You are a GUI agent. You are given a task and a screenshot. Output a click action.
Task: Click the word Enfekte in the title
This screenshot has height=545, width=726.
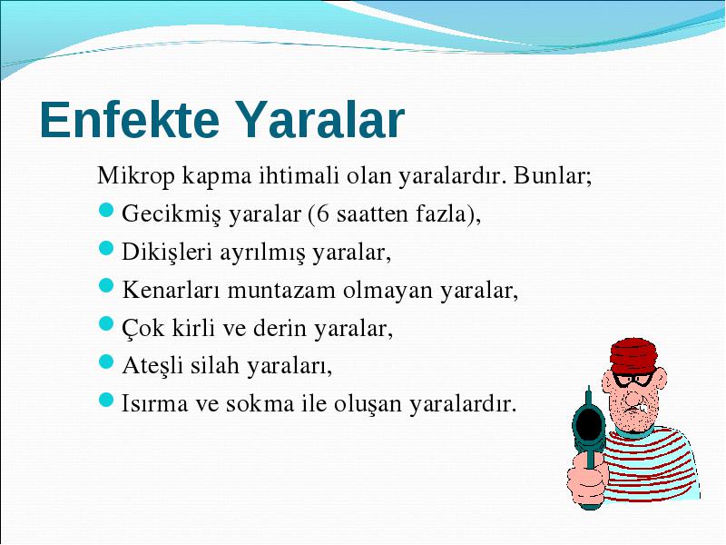pos(130,119)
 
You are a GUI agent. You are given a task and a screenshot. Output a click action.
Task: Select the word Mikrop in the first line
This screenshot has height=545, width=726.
pos(137,176)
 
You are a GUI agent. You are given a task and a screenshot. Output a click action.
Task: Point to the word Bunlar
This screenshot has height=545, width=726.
pos(552,175)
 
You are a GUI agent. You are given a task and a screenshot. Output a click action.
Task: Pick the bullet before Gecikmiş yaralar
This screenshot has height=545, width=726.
pos(106,210)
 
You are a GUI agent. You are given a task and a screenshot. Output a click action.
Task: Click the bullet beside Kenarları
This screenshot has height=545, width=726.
pos(106,285)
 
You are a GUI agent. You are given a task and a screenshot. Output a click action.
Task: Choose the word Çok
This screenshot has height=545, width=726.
pos(142,328)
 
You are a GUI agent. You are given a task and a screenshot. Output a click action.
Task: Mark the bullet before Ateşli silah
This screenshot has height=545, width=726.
pos(106,362)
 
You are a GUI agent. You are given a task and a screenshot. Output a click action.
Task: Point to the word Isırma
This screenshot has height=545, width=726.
pos(154,403)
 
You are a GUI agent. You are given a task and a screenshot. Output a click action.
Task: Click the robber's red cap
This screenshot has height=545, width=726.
pos(633,355)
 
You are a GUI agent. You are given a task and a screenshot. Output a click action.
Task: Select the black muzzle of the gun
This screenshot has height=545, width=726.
pos(589,421)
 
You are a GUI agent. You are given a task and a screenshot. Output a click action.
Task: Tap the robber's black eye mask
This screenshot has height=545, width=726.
pos(634,379)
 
